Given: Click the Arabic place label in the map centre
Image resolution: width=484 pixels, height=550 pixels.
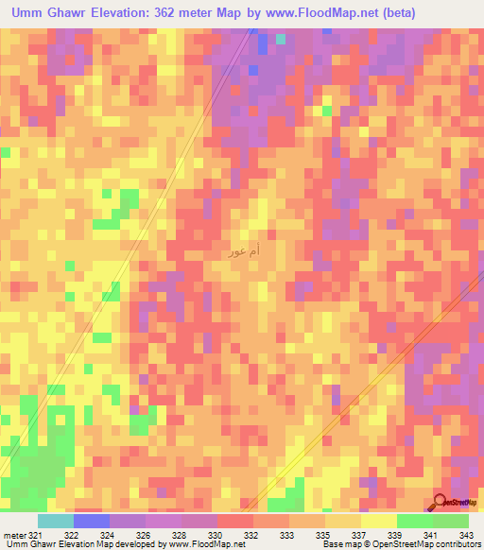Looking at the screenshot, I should pyautogui.click(x=244, y=252).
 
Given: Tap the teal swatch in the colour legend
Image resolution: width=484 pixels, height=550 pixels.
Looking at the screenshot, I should pyautogui.click(x=55, y=521).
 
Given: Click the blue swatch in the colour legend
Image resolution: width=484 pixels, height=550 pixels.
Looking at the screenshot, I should pyautogui.click(x=91, y=521).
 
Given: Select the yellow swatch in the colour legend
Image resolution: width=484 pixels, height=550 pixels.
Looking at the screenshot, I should pyautogui.click(x=378, y=521).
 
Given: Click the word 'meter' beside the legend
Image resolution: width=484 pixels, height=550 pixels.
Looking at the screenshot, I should pyautogui.click(x=15, y=534).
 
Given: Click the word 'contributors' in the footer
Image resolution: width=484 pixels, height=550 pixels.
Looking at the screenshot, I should pyautogui.click(x=456, y=544).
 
